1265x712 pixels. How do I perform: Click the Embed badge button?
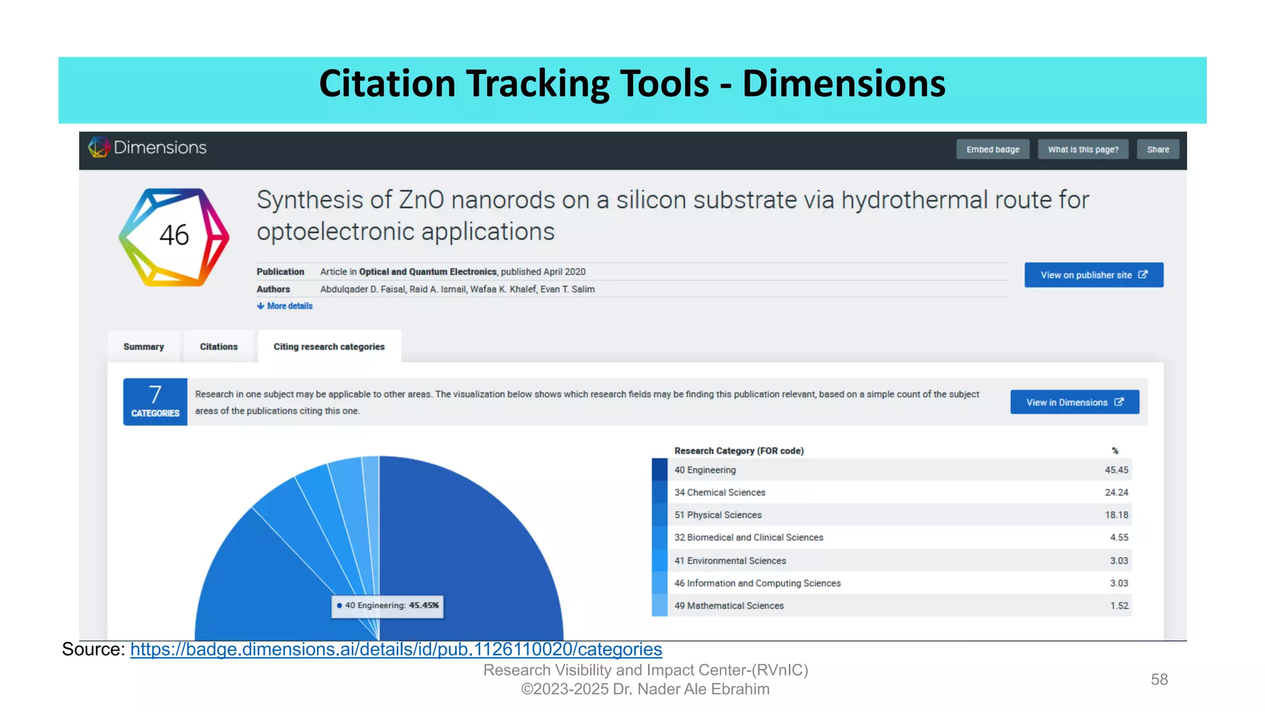coord(993,150)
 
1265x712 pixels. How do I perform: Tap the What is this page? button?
coord(1083,150)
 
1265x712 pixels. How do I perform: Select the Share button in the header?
coord(1158,150)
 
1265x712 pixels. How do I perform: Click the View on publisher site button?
coord(1093,275)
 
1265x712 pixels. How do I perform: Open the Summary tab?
coord(144,347)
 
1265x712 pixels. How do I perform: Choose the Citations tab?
coord(219,347)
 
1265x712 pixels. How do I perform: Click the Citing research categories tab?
coord(329,347)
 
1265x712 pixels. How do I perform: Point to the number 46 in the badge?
coord(174,235)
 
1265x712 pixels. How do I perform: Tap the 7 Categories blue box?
coord(155,402)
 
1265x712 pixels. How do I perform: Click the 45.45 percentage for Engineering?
coord(1116,470)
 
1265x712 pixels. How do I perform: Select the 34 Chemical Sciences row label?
coord(720,493)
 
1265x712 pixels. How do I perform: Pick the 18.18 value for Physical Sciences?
coord(1116,515)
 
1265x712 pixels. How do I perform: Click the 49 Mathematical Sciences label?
coord(729,606)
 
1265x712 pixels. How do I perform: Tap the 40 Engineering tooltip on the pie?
coord(388,606)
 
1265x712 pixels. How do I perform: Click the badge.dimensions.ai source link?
coord(396,649)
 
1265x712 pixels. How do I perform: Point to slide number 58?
coord(1159,679)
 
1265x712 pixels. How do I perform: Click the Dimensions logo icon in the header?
coord(98,147)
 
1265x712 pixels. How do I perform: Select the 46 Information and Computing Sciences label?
coord(757,583)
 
